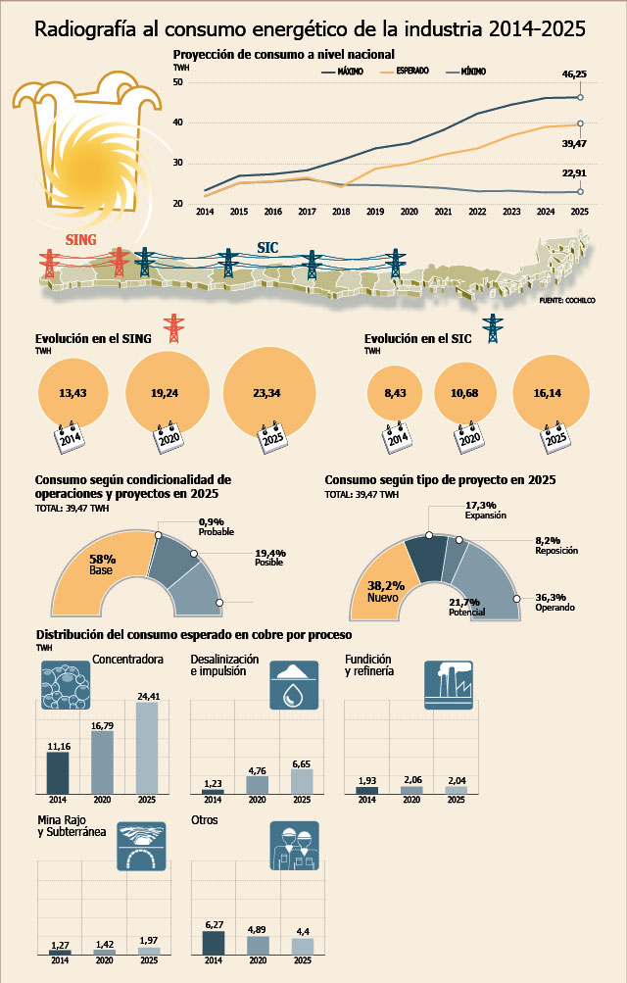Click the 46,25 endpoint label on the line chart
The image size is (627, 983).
[574, 74]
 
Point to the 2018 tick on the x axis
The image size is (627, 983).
[341, 212]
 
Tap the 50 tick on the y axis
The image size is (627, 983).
[178, 82]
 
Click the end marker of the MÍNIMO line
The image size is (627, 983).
[580, 192]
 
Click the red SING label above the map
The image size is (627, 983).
[80, 239]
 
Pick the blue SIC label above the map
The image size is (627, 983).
[267, 248]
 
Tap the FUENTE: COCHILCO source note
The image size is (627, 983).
[567, 301]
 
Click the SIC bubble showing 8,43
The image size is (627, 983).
[395, 393]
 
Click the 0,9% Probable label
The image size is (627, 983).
[217, 526]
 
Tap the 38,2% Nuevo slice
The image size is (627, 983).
[382, 583]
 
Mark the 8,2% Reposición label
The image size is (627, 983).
[556, 546]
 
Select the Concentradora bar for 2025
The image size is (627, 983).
[147, 748]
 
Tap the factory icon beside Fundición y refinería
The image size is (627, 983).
[449, 685]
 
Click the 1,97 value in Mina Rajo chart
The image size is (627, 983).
[149, 941]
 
